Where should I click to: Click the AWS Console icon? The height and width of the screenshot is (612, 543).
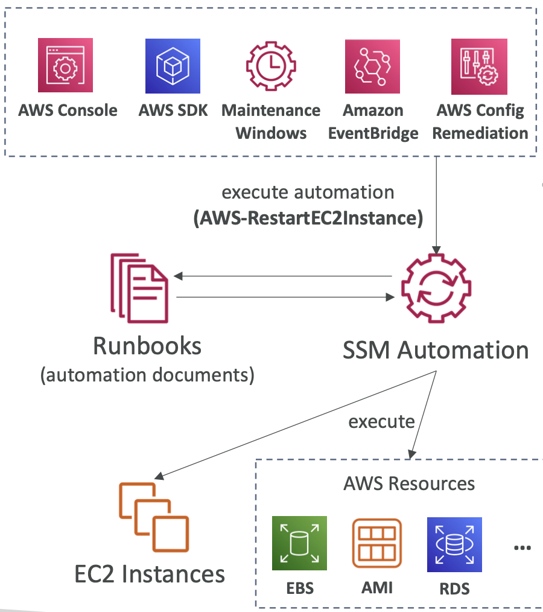coord(65,66)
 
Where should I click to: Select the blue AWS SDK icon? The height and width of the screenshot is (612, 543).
coord(173,66)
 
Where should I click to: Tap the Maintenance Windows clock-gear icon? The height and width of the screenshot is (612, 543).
coord(271,66)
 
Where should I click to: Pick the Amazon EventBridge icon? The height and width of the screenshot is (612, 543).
coord(372,66)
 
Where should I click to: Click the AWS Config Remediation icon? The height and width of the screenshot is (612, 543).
coord(479,66)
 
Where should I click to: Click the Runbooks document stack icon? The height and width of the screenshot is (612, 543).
coord(139,287)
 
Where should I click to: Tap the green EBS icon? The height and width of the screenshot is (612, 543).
coord(299,543)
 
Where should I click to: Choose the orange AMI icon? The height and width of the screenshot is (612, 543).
coord(376,543)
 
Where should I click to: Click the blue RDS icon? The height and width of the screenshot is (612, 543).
coord(454,543)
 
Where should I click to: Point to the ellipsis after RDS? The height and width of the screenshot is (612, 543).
coord(522,547)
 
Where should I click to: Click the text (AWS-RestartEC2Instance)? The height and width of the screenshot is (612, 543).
coord(308,218)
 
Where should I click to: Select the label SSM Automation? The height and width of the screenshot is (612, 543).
coord(436,350)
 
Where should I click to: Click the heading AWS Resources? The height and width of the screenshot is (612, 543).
coord(409,483)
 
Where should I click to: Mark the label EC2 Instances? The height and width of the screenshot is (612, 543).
coord(150,573)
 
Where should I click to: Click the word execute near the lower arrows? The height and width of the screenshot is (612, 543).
coord(381,421)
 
